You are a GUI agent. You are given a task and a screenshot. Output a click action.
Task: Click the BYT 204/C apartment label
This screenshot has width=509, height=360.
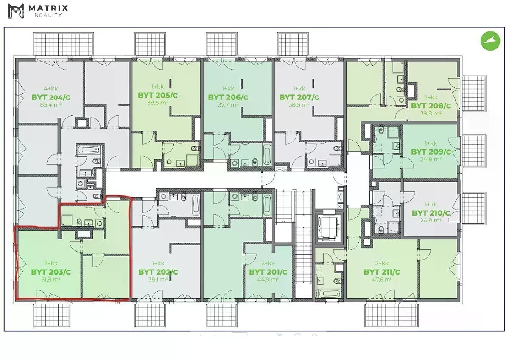[50, 97]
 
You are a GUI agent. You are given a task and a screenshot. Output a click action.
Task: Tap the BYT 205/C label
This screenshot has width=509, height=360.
[157, 95]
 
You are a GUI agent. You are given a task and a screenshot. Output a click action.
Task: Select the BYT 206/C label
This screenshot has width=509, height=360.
[228, 97]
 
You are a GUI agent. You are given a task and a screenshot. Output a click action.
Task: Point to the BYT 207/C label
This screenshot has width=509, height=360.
[299, 97]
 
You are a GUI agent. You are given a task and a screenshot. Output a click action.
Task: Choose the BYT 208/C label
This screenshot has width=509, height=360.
[431, 106]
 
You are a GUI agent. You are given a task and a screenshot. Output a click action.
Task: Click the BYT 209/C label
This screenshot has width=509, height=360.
[431, 152]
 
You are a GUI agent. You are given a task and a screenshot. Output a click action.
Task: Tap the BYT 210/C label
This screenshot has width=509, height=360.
[431, 213]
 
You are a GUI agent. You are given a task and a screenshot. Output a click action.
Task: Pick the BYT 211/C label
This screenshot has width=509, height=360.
[381, 272]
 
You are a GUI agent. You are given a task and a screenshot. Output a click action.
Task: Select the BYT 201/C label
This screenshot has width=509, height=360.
[268, 272]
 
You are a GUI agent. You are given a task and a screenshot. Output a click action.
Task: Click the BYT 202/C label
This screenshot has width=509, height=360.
[158, 272]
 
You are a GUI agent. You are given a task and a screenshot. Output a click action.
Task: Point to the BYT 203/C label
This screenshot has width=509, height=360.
[50, 272]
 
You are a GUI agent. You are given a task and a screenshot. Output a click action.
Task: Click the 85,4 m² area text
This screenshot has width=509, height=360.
[50, 105]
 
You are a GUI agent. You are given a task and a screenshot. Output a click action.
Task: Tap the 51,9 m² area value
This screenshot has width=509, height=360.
[50, 279]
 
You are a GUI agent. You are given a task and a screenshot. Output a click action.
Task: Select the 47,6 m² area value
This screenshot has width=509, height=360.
[381, 279]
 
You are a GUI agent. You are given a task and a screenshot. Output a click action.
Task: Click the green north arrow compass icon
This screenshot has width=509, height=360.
[490, 41]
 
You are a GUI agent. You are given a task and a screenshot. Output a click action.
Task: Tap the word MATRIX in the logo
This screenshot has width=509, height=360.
[48, 8]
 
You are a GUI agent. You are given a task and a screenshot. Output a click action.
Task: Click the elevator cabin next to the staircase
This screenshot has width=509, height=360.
[329, 227]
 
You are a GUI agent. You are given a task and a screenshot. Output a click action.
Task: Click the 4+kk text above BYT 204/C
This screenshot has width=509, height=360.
[50, 88]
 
